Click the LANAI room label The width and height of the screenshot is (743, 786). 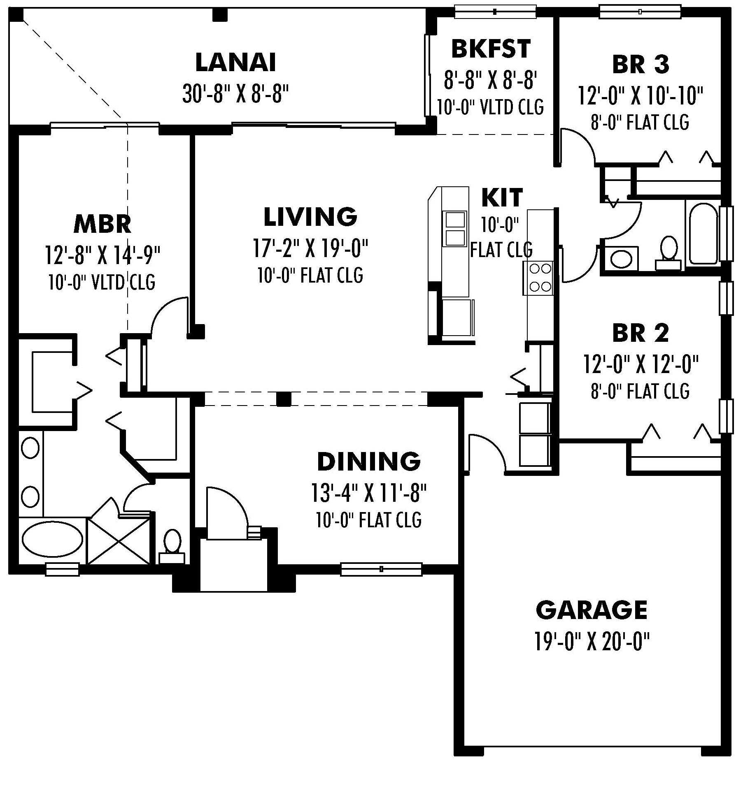(235, 63)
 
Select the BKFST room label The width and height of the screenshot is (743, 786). (491, 49)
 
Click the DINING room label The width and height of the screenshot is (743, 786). (368, 461)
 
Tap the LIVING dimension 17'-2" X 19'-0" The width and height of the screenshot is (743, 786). (310, 248)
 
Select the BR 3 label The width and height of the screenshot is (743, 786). (641, 65)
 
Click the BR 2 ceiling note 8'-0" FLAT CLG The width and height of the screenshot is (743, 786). (640, 391)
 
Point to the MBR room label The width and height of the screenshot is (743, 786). (102, 224)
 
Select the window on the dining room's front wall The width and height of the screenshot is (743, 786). (381, 569)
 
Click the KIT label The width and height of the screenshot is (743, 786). (502, 197)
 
